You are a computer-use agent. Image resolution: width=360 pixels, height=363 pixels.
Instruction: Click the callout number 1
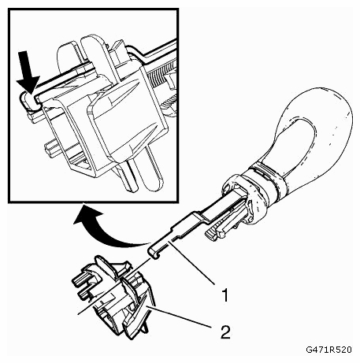point(225,295)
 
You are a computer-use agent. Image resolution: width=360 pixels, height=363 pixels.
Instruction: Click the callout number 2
point(225,332)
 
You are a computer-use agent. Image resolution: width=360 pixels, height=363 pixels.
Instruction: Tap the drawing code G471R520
point(328,350)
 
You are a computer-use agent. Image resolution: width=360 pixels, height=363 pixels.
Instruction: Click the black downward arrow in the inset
point(28,72)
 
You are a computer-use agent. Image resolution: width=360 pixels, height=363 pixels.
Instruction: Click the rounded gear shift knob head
point(310,136)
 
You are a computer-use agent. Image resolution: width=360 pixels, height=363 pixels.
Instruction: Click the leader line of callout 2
point(179,317)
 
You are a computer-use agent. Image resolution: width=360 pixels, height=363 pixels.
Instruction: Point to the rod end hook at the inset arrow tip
point(28,101)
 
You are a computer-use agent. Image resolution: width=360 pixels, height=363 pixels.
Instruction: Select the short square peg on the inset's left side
point(54,148)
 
